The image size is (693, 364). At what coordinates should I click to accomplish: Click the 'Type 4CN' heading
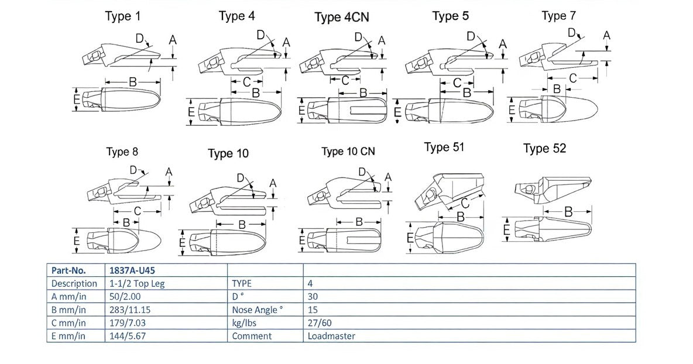tap(342, 17)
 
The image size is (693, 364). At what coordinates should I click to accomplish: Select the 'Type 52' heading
tap(544, 149)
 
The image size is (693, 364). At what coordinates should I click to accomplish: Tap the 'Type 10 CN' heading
tap(348, 152)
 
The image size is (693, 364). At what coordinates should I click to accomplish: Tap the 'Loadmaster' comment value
tap(331, 336)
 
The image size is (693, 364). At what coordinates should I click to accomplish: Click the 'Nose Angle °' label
tap(258, 310)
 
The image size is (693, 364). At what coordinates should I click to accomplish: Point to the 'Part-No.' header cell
tap(68, 270)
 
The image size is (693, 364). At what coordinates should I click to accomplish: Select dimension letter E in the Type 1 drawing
tap(77, 100)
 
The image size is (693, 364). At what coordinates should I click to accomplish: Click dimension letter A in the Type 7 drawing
tap(607, 36)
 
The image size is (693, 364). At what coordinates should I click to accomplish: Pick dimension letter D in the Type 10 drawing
tap(241, 178)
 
